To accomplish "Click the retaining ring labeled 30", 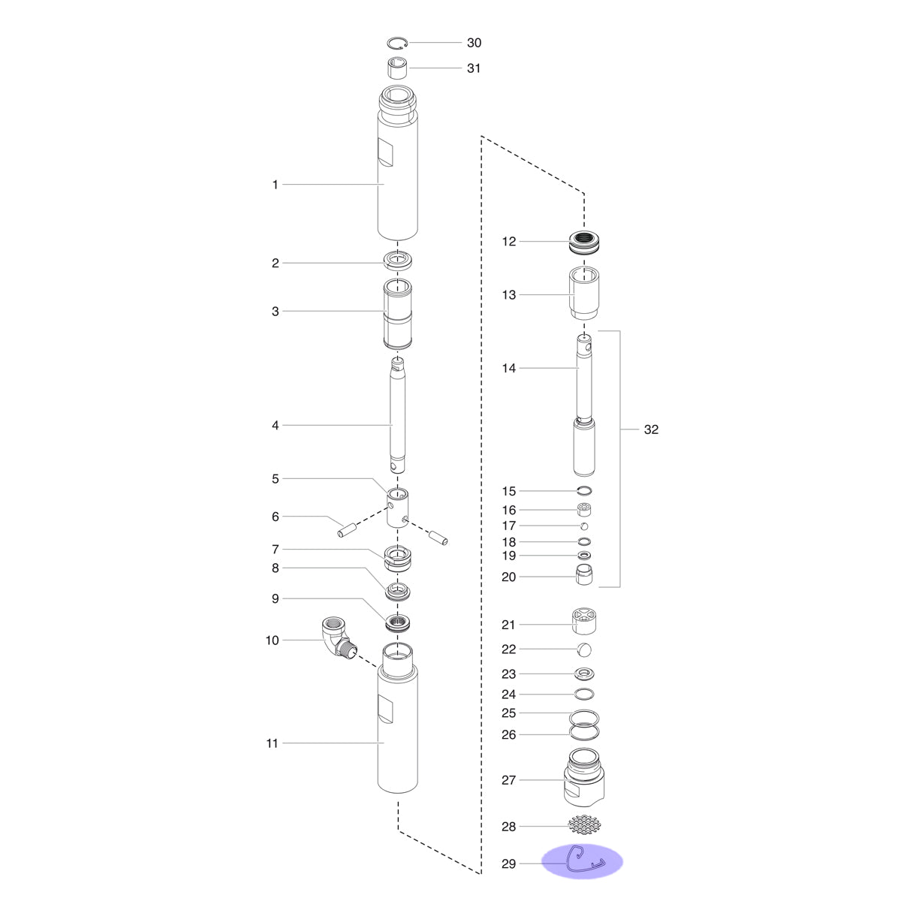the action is [x=397, y=39].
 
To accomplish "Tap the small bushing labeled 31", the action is [x=397, y=68].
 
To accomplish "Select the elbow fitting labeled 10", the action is [x=339, y=638].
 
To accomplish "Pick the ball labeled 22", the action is [x=584, y=649].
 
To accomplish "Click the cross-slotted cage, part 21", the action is [x=584, y=621].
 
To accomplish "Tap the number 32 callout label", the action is [x=651, y=429].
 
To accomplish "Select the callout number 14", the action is [x=509, y=368].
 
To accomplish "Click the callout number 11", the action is [x=272, y=743].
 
